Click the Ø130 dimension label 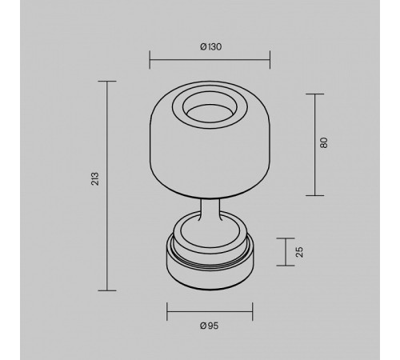[x=210, y=46]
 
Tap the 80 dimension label [x=323, y=144]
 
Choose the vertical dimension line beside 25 [x=286, y=251]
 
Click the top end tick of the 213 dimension [x=106, y=81]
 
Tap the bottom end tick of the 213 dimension [x=106, y=290]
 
